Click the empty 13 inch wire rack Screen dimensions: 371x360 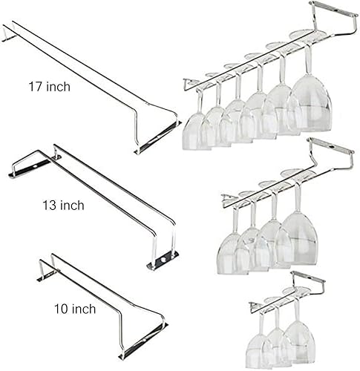[96, 200]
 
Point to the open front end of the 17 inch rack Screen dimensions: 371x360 [157, 137]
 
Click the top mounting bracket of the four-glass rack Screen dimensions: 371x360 [330, 149]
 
